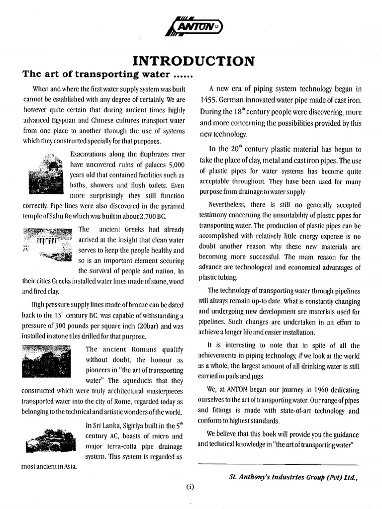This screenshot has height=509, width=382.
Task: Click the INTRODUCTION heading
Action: click(193, 61)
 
